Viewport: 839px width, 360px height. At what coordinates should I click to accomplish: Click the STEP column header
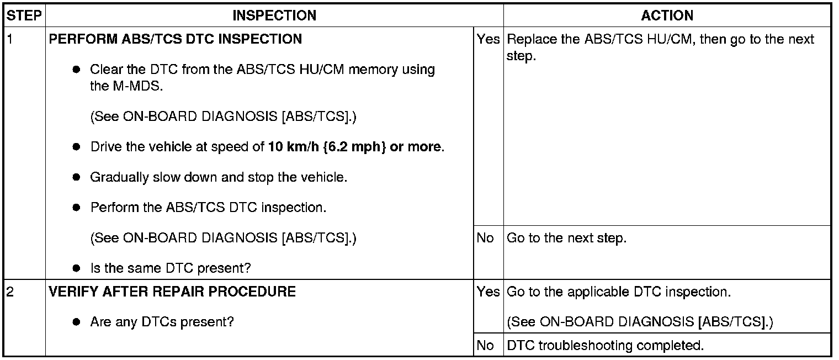pyautogui.click(x=24, y=15)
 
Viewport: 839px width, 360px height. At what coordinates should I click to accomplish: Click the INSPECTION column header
pyautogui.click(x=274, y=15)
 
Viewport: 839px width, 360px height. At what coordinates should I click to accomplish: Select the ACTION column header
pyautogui.click(x=667, y=15)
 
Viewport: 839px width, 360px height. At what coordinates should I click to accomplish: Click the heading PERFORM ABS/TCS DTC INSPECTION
pyautogui.click(x=176, y=40)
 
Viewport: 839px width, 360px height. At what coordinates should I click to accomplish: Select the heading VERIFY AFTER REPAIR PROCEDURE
pyautogui.click(x=172, y=292)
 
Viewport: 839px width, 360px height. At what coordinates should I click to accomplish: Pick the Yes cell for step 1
pyautogui.click(x=488, y=40)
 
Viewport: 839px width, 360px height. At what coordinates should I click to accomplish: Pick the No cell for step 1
pyautogui.click(x=485, y=239)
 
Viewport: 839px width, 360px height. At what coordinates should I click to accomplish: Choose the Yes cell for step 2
pyautogui.click(x=488, y=292)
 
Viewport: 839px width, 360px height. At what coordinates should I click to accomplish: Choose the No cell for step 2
pyautogui.click(x=485, y=346)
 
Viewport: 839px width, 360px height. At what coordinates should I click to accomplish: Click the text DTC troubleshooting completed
pyautogui.click(x=605, y=346)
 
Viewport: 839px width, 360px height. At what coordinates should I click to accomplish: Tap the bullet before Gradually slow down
pyautogui.click(x=77, y=178)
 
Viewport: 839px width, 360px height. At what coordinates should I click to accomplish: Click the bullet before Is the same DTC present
pyautogui.click(x=77, y=268)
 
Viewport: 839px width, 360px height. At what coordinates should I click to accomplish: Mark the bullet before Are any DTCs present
pyautogui.click(x=77, y=322)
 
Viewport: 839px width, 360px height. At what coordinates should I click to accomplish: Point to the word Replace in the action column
pyautogui.click(x=528, y=40)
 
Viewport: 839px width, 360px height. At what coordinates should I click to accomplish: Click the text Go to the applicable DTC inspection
pyautogui.click(x=618, y=292)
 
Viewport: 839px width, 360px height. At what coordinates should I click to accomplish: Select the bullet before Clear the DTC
pyautogui.click(x=77, y=70)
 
